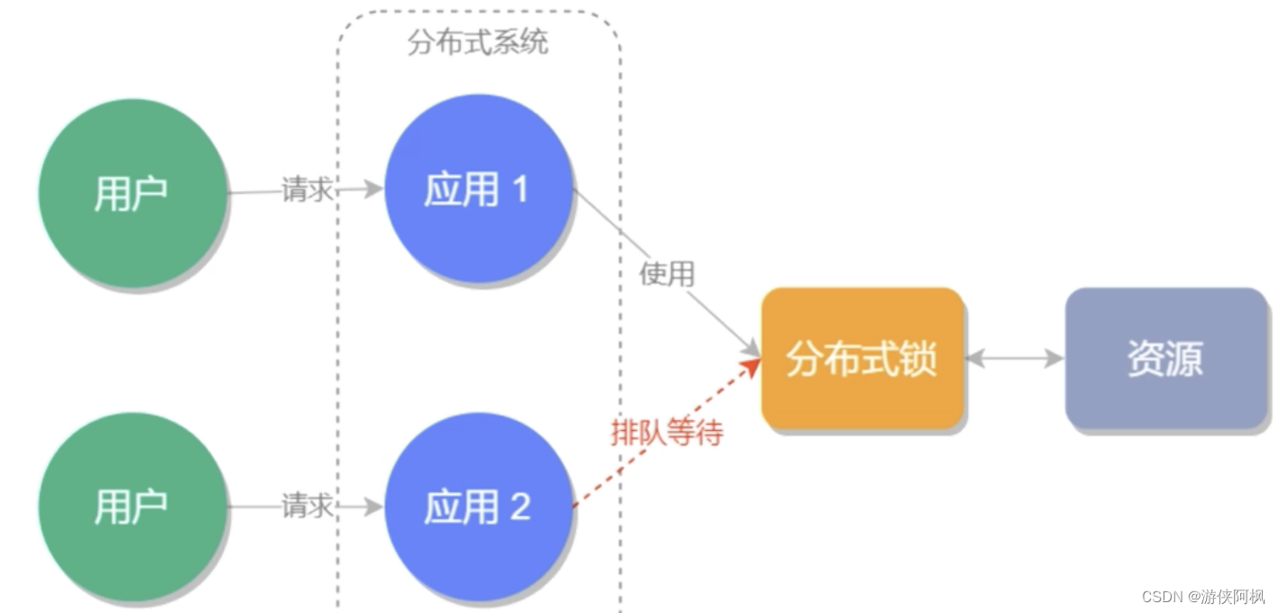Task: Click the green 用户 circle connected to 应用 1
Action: click(x=132, y=193)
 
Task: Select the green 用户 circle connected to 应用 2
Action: click(x=132, y=508)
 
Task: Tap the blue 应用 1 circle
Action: click(x=478, y=189)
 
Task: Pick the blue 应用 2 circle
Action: click(x=478, y=508)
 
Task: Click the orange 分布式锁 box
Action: click(x=862, y=359)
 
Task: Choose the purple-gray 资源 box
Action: click(x=1165, y=359)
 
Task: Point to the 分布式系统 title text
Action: click(x=477, y=42)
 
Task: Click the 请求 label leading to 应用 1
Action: click(x=308, y=190)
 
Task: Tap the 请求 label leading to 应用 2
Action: click(x=308, y=506)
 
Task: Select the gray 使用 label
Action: click(x=667, y=274)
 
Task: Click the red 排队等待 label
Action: click(x=667, y=434)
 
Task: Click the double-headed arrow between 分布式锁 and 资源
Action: click(x=1015, y=359)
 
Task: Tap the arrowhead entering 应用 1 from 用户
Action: click(x=374, y=189)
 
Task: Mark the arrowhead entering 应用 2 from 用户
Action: click(x=374, y=507)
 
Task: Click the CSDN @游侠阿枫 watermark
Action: click(x=1202, y=597)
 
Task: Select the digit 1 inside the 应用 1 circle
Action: click(x=520, y=189)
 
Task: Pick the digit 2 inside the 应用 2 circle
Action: click(x=520, y=508)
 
